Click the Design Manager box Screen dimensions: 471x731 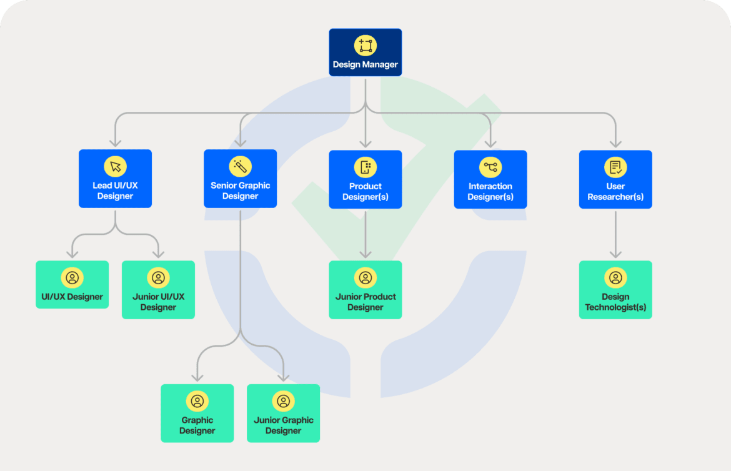pyautogui.click(x=365, y=52)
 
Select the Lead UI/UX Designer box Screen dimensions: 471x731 pyautogui.click(x=115, y=179)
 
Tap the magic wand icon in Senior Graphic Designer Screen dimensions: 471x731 pyautogui.click(x=240, y=166)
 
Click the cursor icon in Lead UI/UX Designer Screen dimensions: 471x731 pyautogui.click(x=115, y=166)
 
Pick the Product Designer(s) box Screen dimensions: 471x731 pyautogui.click(x=365, y=179)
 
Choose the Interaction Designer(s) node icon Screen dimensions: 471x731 pyautogui.click(x=490, y=167)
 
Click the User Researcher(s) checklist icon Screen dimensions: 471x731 pyautogui.click(x=615, y=167)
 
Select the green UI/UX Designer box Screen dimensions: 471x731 pyautogui.click(x=72, y=285)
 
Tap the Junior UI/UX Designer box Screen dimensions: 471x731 pyautogui.click(x=158, y=290)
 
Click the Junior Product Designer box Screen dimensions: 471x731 pyautogui.click(x=365, y=290)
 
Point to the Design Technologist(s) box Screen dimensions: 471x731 pyautogui.click(x=615, y=290)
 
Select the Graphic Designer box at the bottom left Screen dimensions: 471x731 pyautogui.click(x=197, y=413)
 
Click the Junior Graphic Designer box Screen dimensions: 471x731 pyautogui.click(x=283, y=413)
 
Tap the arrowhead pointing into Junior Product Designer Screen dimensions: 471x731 pyautogui.click(x=365, y=254)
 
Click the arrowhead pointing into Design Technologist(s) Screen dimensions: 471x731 pyautogui.click(x=615, y=254)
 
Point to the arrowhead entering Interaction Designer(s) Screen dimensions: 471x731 pyautogui.click(x=490, y=143)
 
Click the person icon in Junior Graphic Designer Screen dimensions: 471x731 pyautogui.click(x=283, y=401)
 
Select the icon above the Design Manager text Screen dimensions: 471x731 pyautogui.click(x=365, y=46)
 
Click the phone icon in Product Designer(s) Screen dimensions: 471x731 pyautogui.click(x=365, y=167)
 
